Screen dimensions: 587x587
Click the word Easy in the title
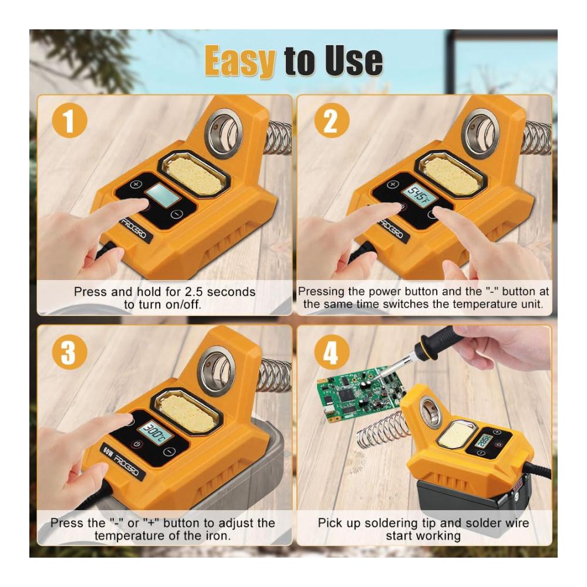tap(239, 61)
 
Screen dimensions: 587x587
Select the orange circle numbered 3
tap(70, 352)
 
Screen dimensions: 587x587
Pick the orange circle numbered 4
tap(332, 352)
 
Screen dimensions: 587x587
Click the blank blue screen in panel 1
tap(163, 196)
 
